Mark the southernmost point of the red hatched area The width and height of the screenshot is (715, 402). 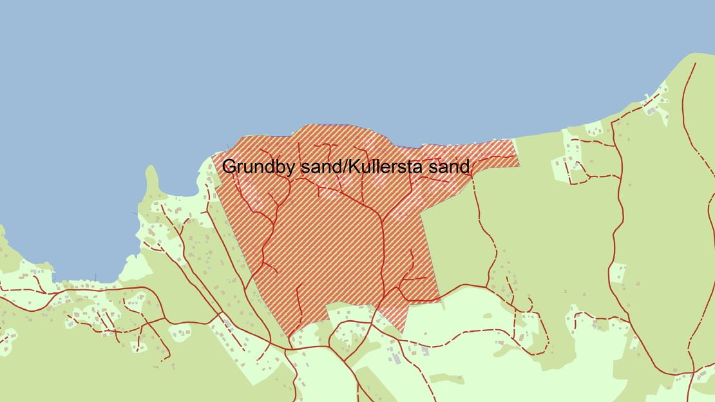point(402,332)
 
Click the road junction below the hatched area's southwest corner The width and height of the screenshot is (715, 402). point(289,349)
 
